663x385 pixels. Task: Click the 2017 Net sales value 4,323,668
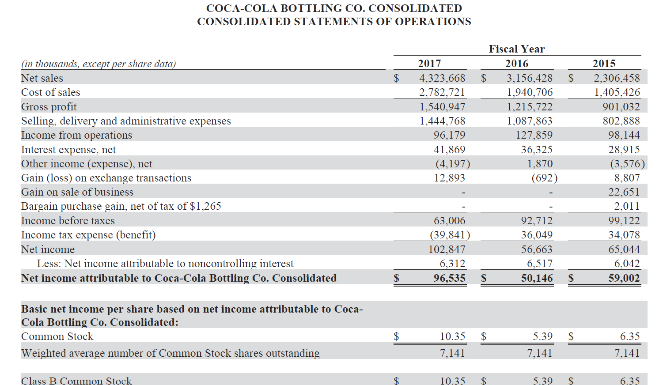pos(442,78)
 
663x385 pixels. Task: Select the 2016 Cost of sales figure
pos(530,92)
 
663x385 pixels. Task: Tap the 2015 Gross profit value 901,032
pos(621,107)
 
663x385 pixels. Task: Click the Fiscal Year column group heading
pos(517,49)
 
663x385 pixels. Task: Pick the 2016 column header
pos(517,64)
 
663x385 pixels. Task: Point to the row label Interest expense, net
pos(68,150)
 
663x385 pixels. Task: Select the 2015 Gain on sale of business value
pos(624,192)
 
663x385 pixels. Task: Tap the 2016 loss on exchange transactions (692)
pos(544,178)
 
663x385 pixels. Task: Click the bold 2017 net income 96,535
pos(449,278)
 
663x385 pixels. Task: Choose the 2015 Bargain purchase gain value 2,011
pos(627,206)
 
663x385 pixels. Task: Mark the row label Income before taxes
pos(68,221)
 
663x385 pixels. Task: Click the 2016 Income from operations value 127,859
pos(534,135)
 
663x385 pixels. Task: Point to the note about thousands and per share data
pos(99,64)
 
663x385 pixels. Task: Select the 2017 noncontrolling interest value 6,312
pos(452,264)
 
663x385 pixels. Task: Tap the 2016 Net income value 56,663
pos(537,249)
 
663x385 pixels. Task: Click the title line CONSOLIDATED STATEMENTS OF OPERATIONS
pos(334,22)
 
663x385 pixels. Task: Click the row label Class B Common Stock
pos(76,381)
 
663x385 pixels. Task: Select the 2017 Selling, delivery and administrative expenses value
pos(442,121)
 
